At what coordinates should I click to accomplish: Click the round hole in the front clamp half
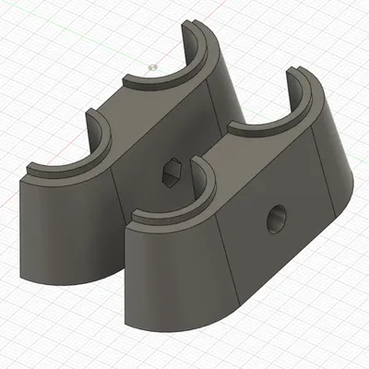click(275, 220)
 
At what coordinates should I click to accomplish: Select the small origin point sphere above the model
click(151, 66)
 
